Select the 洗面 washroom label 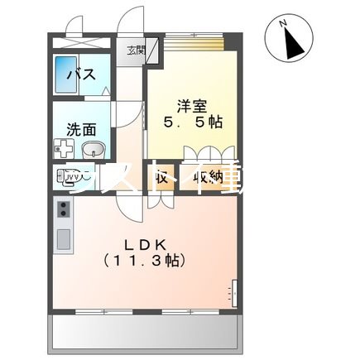click(x=80, y=128)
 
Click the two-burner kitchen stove click(x=64, y=214)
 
